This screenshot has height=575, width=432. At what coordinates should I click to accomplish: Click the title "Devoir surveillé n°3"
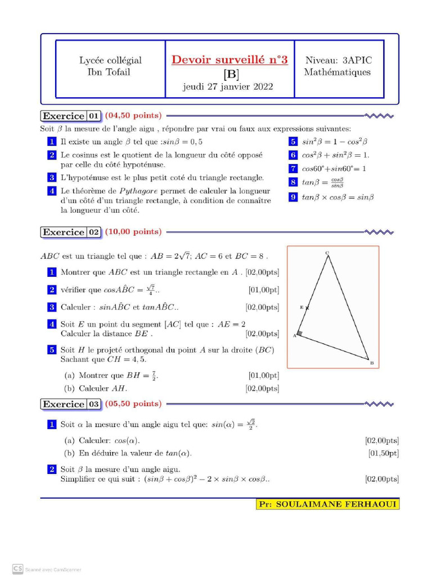click(x=229, y=60)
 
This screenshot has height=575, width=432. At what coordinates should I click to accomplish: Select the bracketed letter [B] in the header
click(x=231, y=74)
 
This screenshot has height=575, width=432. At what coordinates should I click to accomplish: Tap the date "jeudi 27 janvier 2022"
click(x=228, y=86)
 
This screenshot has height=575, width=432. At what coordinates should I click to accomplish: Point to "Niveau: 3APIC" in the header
click(x=337, y=60)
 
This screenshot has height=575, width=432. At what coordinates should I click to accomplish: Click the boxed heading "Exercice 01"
click(x=71, y=116)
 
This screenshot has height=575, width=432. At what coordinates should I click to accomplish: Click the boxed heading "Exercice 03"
click(x=71, y=404)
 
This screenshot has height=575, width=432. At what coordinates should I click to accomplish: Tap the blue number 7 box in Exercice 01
click(x=292, y=168)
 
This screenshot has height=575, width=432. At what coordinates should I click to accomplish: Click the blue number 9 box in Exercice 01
click(x=292, y=197)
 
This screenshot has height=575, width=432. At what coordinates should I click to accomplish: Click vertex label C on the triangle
click(x=327, y=253)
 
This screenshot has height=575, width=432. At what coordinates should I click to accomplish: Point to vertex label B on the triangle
click(x=372, y=363)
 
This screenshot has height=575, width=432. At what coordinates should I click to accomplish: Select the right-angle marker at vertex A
click(x=300, y=335)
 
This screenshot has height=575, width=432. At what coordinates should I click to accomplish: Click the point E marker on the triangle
click(x=307, y=308)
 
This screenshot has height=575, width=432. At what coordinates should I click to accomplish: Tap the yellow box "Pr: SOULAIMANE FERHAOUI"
click(x=327, y=504)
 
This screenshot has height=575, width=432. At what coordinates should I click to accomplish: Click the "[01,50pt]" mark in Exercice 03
click(x=383, y=453)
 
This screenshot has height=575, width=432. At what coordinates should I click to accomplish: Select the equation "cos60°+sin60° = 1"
click(x=334, y=168)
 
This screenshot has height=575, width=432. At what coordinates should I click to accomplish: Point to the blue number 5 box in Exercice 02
click(x=51, y=350)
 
